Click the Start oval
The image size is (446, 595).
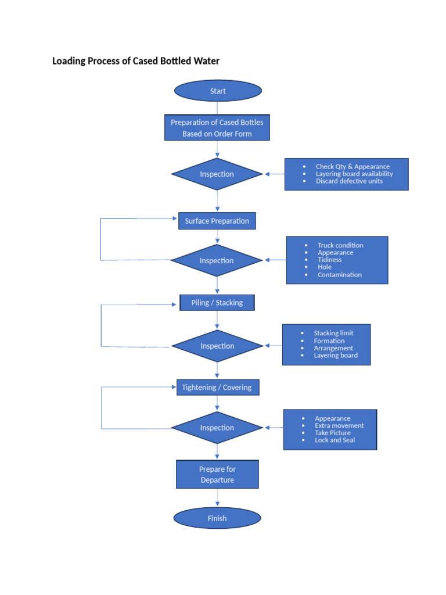point(218,91)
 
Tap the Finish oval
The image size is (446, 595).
point(217,518)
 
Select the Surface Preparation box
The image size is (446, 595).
point(217,221)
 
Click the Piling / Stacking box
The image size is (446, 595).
point(217,302)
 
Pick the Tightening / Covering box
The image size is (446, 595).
point(218,387)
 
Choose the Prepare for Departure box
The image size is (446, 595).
point(217,474)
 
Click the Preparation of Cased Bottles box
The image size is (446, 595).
point(217,127)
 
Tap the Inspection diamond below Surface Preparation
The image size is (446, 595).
point(217,260)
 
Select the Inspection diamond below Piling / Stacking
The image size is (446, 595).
point(217,346)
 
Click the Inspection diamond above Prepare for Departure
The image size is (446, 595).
point(217,428)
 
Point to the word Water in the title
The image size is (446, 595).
point(206,61)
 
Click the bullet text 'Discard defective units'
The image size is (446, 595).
point(349,181)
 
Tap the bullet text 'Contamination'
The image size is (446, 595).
point(339,275)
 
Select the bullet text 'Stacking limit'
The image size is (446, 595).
point(333,333)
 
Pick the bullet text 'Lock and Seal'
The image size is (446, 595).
point(335,440)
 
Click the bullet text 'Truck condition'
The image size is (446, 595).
point(340,245)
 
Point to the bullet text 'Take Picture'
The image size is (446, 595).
point(333,433)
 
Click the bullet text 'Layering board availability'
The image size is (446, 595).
point(354,174)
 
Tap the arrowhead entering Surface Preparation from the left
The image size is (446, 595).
point(174,218)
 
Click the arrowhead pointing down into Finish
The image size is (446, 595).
point(217,504)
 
